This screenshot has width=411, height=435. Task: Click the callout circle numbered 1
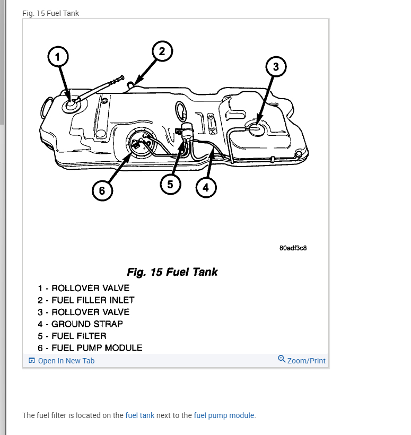58,57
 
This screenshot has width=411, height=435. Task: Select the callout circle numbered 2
162,51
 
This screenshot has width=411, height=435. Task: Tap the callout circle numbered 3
276,67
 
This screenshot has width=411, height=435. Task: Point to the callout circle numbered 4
206,187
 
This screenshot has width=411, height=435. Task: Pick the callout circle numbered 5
170,184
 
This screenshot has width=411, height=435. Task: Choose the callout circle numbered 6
102,190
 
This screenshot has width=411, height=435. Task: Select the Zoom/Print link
306,361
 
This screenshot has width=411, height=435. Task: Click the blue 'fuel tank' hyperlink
140,415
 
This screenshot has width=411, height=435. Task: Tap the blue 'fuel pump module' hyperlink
224,415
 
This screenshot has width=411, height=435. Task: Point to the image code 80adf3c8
293,248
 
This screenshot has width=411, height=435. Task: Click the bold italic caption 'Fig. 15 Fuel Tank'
172,272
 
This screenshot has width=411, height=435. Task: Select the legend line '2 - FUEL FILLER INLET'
86,300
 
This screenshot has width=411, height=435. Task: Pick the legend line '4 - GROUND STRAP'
80,324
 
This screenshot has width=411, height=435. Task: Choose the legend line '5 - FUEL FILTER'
72,336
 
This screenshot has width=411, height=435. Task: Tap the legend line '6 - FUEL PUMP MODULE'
90,348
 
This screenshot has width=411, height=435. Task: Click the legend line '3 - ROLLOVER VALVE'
83,312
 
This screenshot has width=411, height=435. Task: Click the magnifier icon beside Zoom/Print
282,359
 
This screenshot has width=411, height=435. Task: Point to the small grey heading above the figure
51,13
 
